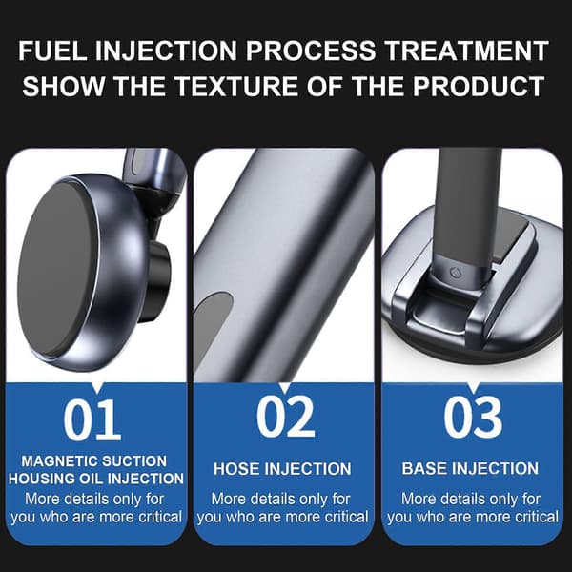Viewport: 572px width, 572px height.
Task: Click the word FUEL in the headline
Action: [x=52, y=51]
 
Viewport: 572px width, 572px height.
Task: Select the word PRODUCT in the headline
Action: [x=479, y=87]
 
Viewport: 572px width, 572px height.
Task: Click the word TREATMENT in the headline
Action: [x=467, y=51]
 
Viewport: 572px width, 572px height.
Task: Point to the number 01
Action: [x=92, y=419]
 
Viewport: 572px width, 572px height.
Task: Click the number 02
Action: [x=285, y=417]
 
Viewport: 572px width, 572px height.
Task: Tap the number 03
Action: [x=473, y=417]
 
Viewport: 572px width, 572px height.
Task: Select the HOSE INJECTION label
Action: [x=282, y=469]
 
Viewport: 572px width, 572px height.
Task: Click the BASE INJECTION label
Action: [x=470, y=468]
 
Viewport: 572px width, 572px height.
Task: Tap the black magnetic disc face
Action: [x=57, y=269]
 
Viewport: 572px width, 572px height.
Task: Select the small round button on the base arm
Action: [x=455, y=272]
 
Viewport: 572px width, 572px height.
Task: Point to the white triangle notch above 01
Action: [x=97, y=387]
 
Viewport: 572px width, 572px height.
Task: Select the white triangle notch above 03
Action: [x=473, y=387]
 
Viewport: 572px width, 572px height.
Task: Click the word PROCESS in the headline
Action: [x=311, y=51]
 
